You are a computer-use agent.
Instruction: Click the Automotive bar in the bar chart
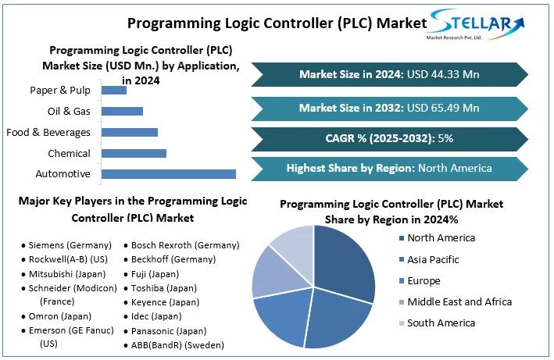click(x=169, y=173)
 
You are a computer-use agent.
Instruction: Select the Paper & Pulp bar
click(x=114, y=91)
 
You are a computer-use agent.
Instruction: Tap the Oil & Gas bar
click(x=123, y=111)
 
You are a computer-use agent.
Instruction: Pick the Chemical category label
click(x=69, y=153)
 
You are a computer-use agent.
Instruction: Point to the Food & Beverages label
click(x=48, y=132)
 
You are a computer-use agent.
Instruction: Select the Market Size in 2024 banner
click(x=389, y=74)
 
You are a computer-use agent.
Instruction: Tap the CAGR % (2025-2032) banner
click(x=389, y=138)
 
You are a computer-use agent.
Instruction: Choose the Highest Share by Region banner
click(x=389, y=168)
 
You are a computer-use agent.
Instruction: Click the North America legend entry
click(x=441, y=238)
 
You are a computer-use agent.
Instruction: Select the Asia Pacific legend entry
click(x=433, y=259)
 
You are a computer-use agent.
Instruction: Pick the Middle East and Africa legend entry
click(x=459, y=301)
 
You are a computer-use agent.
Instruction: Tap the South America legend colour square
click(x=401, y=323)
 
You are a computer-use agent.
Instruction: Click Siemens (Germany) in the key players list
click(x=70, y=245)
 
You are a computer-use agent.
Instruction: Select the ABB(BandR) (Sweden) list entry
click(x=177, y=344)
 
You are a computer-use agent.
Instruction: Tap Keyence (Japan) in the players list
click(x=165, y=302)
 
